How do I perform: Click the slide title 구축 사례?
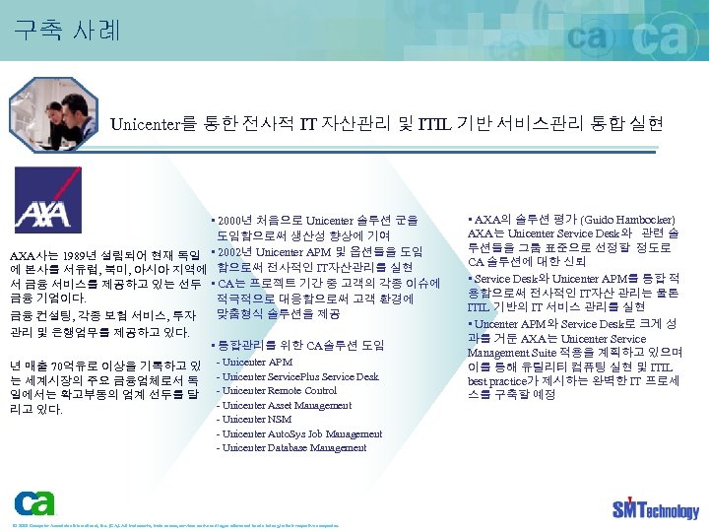[x=67, y=31]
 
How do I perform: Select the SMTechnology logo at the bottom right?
[x=655, y=508]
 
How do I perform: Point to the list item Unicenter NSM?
[x=253, y=420]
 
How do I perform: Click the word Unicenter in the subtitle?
[x=147, y=124]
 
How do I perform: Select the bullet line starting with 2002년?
[x=317, y=251]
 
